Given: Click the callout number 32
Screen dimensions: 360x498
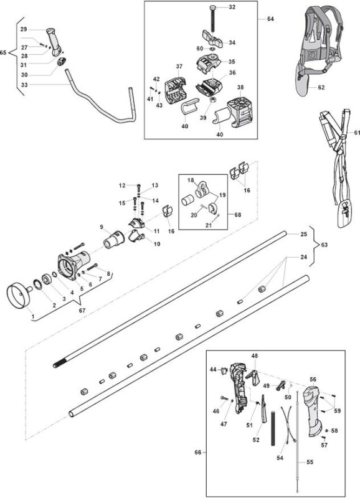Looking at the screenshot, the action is pos(232,7).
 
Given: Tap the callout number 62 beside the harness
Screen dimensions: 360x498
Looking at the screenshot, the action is pos(321,87).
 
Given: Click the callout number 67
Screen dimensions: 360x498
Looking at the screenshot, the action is pos(82,310).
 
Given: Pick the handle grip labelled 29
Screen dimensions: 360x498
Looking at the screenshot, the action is pos(54,42).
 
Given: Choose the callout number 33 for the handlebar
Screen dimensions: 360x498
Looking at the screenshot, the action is pos(24,85).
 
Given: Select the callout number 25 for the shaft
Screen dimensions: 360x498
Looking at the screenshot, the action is pos(304,234).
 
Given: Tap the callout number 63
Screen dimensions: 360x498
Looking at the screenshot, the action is pos(324,245).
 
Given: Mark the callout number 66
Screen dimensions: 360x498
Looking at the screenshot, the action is pos(197,452).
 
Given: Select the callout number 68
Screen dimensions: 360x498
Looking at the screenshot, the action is pos(237,215).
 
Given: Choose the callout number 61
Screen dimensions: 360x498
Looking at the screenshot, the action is pos(356,133).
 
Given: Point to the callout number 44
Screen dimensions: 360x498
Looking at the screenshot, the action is pos(213,369).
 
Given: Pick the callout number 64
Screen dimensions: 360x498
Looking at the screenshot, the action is pos(270,19).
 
